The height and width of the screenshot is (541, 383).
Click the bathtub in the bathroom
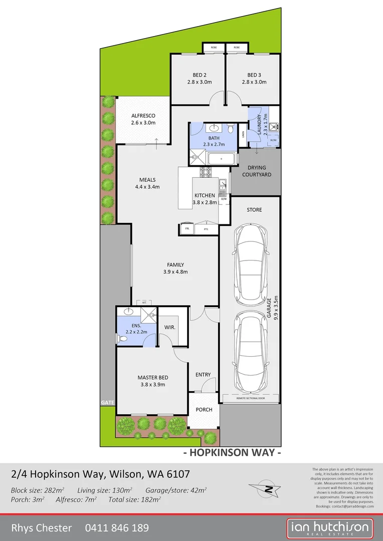click(x=221, y=160)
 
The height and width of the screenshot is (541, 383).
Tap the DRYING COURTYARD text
click(x=257, y=171)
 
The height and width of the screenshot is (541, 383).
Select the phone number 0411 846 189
click(x=117, y=527)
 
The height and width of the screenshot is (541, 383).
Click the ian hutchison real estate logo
click(x=330, y=528)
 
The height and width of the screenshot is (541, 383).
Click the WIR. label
click(x=169, y=327)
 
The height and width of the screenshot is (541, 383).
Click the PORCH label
click(x=204, y=410)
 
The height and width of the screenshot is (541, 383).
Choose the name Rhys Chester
click(x=41, y=527)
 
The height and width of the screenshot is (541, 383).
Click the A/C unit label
click(x=144, y=303)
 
